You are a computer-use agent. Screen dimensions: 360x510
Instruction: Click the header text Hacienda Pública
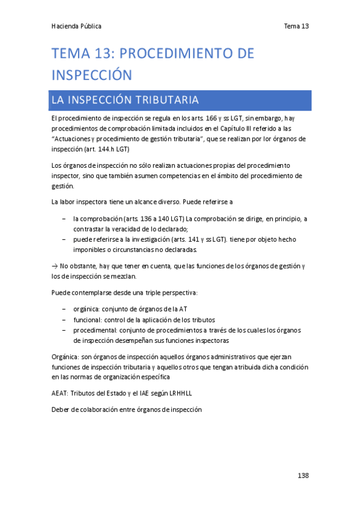(76, 26)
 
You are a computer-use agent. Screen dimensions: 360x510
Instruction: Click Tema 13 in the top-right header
(296, 26)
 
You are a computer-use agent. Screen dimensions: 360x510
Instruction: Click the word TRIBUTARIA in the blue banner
(169, 99)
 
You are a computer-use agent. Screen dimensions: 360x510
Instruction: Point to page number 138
(303, 476)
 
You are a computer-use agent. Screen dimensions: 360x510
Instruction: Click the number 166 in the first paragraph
(211, 118)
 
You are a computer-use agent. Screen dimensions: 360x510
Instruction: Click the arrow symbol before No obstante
(55, 266)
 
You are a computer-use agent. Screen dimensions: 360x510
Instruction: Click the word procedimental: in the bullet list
(95, 330)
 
